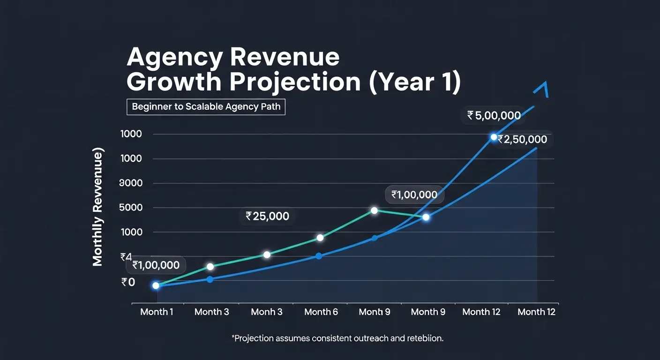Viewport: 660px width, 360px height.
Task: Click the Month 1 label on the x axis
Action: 157,312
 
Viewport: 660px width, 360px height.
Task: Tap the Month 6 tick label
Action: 321,312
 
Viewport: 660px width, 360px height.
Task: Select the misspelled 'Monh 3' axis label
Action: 267,312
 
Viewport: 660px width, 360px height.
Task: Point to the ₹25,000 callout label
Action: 267,216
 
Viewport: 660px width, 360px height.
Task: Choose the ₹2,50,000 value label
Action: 522,140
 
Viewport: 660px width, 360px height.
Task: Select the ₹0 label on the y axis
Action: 128,282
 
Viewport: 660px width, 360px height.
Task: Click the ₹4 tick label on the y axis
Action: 126,257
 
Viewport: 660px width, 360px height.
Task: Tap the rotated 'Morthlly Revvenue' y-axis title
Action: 97,208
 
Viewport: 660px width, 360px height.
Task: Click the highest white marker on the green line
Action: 374,210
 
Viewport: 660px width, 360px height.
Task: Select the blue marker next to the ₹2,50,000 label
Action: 494,137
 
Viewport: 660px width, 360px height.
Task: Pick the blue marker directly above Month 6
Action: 319,256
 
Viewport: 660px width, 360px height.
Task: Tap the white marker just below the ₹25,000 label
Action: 267,255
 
